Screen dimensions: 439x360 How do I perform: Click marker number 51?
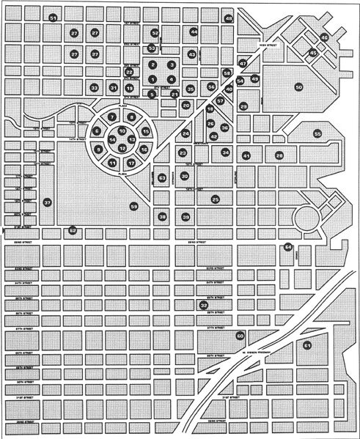click(x=53, y=17)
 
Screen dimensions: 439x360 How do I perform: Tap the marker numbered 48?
click(x=229, y=18)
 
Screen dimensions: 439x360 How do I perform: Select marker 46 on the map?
click(x=324, y=37)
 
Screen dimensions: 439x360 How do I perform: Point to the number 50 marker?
click(x=298, y=87)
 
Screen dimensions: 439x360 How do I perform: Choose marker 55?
click(x=317, y=134)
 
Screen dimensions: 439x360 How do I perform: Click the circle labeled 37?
click(x=48, y=202)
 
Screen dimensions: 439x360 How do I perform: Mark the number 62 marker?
click(x=72, y=230)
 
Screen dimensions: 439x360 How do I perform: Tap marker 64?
click(x=288, y=247)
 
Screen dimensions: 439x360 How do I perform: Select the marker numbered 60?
click(x=240, y=336)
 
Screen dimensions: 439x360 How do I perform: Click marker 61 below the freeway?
click(x=307, y=344)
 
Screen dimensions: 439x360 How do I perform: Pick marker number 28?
click(x=279, y=155)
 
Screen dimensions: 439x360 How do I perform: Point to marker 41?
click(x=246, y=155)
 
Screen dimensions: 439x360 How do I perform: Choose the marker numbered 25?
click(x=216, y=199)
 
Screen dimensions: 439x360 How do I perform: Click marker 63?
click(x=162, y=177)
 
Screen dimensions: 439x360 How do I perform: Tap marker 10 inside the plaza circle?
click(x=122, y=130)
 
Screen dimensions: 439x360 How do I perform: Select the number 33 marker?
click(x=94, y=88)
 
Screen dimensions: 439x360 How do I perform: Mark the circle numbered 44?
click(x=194, y=32)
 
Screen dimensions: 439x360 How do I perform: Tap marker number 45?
click(x=313, y=53)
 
